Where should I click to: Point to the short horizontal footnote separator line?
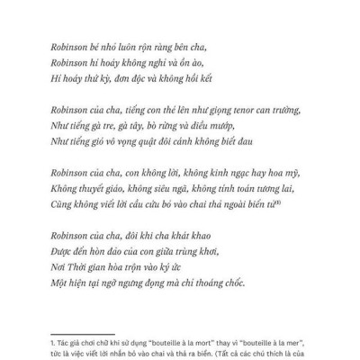tap(78, 332)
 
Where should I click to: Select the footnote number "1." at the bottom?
tap(55, 343)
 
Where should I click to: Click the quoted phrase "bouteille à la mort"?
tap(180, 343)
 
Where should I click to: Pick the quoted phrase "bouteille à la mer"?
tap(273, 343)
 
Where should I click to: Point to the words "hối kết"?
tap(203, 78)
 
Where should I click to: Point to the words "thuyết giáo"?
tap(103, 189)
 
